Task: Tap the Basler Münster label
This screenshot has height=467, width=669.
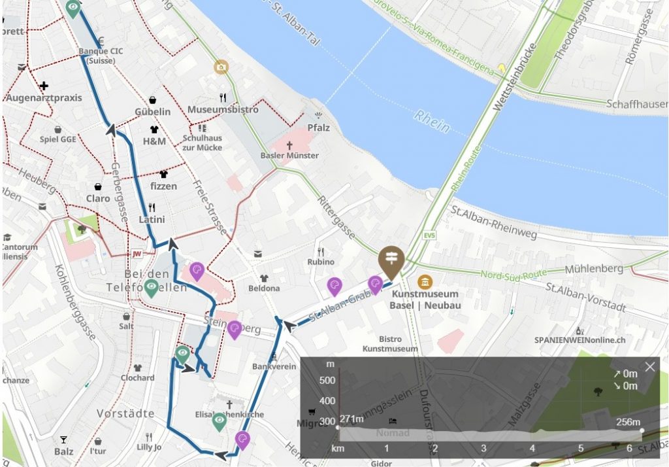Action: (289, 156)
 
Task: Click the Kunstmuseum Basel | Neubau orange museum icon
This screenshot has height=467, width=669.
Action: (425, 281)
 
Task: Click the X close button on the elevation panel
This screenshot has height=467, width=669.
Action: (649, 367)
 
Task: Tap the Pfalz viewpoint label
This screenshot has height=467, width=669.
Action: (318, 128)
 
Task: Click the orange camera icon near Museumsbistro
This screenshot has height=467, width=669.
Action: (221, 67)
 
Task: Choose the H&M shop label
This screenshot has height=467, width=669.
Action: (154, 141)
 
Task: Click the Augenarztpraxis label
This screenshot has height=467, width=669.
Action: (44, 97)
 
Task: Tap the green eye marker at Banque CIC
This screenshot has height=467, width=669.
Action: (73, 9)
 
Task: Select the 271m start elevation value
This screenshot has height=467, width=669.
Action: (351, 419)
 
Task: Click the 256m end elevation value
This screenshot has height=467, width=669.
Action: (628, 422)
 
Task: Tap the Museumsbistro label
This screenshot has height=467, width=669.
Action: (223, 110)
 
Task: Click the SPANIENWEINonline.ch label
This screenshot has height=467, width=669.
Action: (579, 340)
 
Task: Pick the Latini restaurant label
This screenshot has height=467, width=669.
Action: (152, 219)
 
